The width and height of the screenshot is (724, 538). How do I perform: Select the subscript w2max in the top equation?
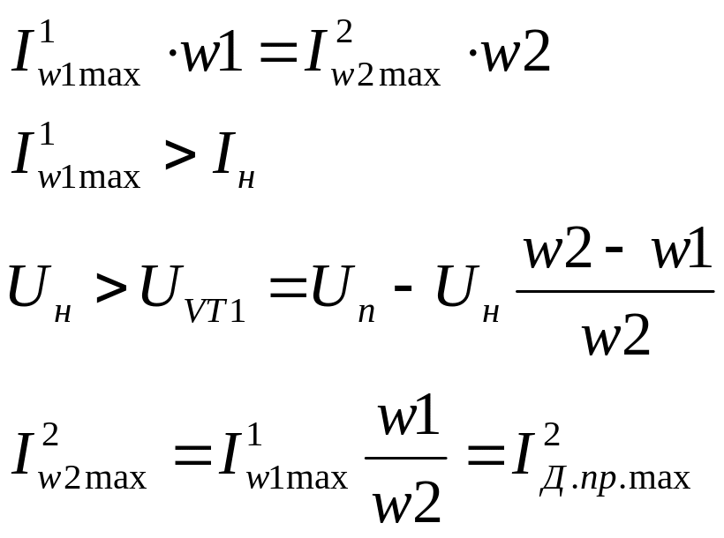point(385,76)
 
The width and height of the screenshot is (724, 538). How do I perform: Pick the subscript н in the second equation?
point(247,179)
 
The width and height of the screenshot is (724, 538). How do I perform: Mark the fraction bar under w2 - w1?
point(615,291)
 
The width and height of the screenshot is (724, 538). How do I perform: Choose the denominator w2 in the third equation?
point(615,335)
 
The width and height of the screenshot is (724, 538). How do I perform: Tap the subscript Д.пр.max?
point(615,481)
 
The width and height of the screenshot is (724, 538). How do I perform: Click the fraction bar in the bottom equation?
point(405,458)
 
